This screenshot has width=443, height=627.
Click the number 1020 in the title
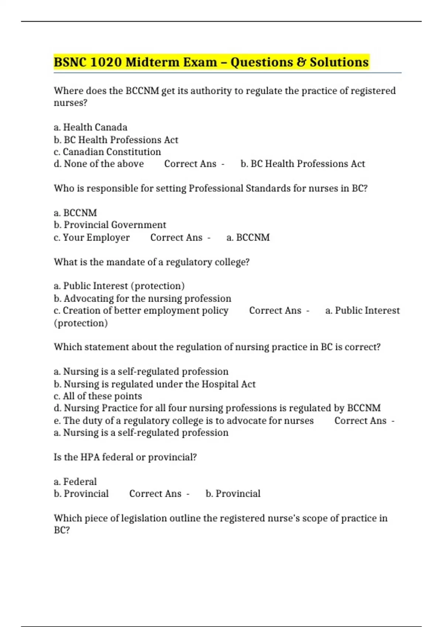(x=106, y=62)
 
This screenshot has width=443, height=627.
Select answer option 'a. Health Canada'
(x=90, y=127)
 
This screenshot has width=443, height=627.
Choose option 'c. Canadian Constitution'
(x=107, y=152)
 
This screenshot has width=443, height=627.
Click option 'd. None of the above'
(x=99, y=164)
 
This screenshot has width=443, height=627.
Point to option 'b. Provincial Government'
(x=110, y=225)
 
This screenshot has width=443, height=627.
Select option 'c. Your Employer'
(x=92, y=238)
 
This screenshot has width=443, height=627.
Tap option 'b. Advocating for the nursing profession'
(x=142, y=298)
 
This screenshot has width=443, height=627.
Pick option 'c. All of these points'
(x=97, y=396)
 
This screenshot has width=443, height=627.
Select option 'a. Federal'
(x=75, y=482)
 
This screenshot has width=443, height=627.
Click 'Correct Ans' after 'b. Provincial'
(x=155, y=494)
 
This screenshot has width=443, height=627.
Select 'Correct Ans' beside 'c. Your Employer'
(x=176, y=238)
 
